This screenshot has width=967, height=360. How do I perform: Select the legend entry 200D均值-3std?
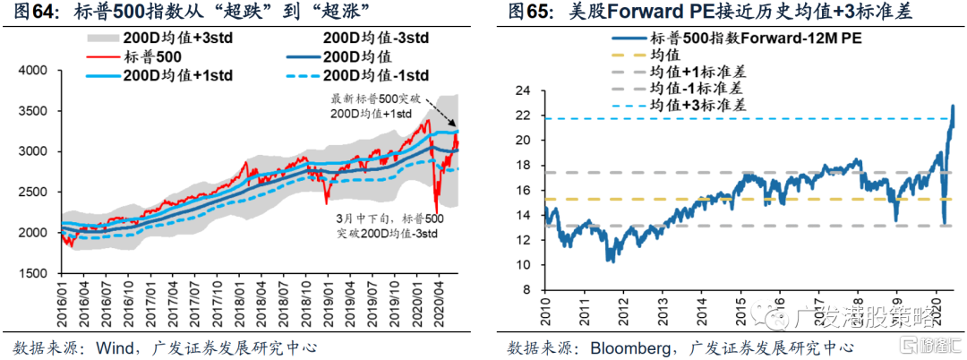point(375,39)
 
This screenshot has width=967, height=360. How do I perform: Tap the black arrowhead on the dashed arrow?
point(455,124)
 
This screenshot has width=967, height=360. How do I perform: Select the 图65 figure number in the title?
point(529,13)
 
